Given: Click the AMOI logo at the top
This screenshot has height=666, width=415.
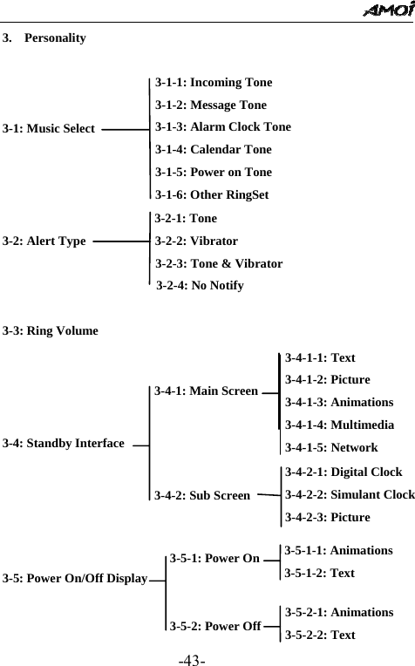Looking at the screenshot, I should click(x=384, y=10).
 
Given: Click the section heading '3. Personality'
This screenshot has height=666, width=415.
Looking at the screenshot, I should click(x=44, y=38).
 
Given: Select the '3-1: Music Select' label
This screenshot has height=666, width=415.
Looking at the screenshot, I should click(x=49, y=129).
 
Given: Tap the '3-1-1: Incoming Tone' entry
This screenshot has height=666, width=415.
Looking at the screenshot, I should click(x=213, y=83).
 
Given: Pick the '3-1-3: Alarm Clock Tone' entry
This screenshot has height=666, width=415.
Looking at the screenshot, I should click(x=223, y=127).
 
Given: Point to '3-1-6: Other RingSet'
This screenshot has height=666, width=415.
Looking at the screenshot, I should click(x=212, y=194).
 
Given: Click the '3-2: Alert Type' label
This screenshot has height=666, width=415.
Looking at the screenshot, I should click(x=44, y=241).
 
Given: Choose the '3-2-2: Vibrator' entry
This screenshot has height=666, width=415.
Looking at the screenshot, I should click(x=196, y=241).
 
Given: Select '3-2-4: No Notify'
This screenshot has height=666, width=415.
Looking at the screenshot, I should click(x=200, y=285).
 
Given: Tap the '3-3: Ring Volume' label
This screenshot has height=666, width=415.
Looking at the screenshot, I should click(x=51, y=331).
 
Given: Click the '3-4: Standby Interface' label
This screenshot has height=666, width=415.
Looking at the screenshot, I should click(x=64, y=444).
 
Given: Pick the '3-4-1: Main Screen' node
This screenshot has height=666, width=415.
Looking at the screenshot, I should click(x=206, y=391).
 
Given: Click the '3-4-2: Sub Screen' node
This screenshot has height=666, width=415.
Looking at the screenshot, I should click(x=201, y=496).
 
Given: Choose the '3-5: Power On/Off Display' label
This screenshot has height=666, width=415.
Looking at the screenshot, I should click(x=74, y=578).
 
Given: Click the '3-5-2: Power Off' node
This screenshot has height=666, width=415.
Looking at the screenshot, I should click(x=214, y=625).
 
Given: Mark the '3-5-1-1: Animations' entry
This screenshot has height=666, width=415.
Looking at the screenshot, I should click(x=338, y=551).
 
